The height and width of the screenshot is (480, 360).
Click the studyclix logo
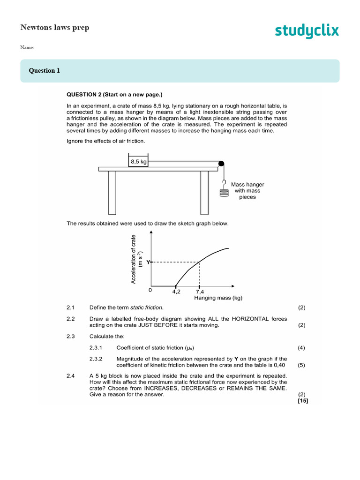306,31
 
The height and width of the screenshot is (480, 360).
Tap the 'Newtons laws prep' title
55,27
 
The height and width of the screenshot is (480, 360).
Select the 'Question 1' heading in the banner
45,71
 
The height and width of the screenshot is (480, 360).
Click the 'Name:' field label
27,47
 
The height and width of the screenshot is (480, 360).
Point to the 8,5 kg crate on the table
138,161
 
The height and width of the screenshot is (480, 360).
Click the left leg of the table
112,192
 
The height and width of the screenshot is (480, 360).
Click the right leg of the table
204,192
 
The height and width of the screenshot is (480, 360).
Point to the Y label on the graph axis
148,262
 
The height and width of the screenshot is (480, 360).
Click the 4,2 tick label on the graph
176,291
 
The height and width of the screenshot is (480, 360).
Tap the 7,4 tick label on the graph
200,291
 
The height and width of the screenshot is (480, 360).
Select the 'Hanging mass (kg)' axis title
218,298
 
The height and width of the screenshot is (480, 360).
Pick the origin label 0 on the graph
150,290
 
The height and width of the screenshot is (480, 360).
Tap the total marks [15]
303,401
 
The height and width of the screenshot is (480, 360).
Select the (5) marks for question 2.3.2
301,365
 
